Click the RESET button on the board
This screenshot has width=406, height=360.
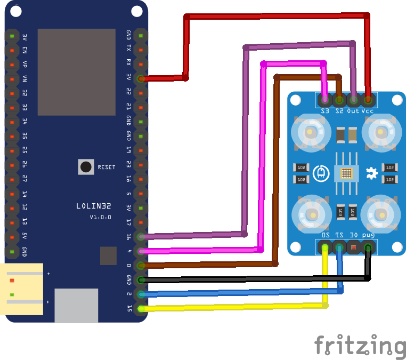86,167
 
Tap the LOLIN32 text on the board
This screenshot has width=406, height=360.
94,206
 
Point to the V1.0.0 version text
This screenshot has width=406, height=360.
100,217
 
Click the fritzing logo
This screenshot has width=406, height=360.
360,346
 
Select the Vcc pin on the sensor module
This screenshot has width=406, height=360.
368,99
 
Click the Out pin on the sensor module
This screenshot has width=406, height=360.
353,99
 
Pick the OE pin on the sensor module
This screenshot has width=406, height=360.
353,247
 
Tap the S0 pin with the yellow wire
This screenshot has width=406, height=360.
324,247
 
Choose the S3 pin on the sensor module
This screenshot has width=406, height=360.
325,99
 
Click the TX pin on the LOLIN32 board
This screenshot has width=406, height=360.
141,50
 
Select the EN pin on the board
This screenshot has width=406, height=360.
12,50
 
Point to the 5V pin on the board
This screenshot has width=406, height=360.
12,236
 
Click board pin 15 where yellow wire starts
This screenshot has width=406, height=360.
141,308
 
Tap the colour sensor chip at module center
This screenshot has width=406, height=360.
346,173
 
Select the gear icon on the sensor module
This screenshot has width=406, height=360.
372,172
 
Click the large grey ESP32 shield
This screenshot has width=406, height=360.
76,72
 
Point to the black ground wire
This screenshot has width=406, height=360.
256,278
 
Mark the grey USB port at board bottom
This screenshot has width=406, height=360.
76,305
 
